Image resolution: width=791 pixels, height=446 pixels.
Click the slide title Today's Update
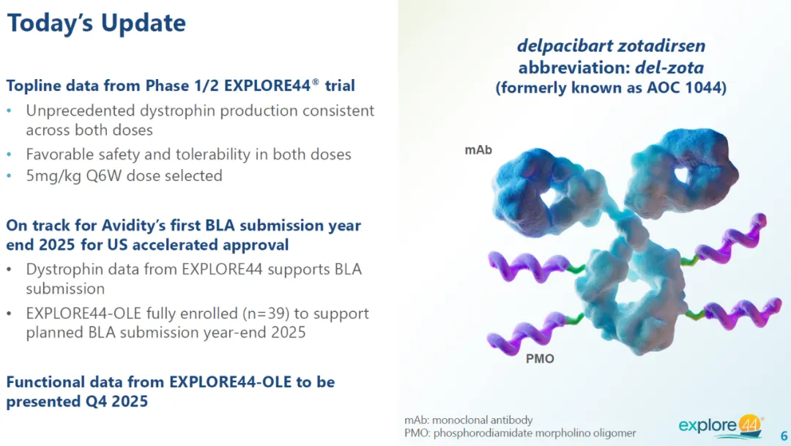(97, 23)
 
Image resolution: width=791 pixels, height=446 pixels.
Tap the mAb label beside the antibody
(478, 150)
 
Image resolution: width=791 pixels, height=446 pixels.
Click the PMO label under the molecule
(540, 359)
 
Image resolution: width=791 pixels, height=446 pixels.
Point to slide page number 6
(784, 436)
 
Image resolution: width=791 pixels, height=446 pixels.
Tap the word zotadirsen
(662, 46)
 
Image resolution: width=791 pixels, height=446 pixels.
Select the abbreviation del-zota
(669, 67)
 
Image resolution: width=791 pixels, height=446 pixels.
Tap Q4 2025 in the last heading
(114, 401)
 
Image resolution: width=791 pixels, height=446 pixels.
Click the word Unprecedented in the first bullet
(81, 111)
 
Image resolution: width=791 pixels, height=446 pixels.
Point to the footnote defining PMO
(520, 433)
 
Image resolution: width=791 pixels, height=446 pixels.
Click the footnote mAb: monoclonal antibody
(468, 420)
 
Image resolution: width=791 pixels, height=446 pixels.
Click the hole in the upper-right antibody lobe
(682, 175)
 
